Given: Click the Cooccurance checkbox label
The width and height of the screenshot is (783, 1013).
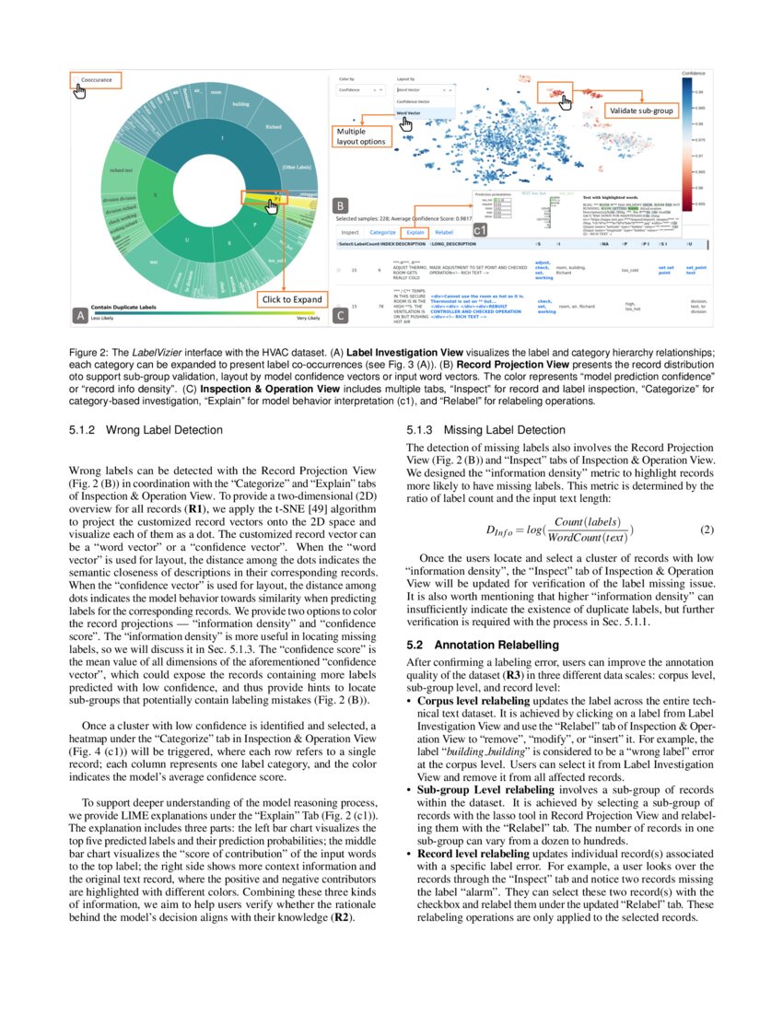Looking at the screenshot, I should tap(97, 80).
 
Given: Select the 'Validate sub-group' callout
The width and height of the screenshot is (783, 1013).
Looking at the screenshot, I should tap(641, 111).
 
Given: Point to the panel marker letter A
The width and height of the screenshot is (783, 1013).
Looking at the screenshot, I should tap(80, 315).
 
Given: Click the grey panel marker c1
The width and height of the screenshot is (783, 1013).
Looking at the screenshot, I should tap(480, 227).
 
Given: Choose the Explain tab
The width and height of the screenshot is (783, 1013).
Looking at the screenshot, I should tap(415, 233).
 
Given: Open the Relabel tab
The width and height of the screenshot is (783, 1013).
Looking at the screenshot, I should tap(444, 233).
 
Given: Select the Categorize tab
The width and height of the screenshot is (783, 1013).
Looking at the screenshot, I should tap(382, 233).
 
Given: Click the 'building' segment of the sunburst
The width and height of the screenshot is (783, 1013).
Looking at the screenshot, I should tap(240, 104).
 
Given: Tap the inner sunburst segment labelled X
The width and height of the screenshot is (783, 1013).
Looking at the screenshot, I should tap(156, 195).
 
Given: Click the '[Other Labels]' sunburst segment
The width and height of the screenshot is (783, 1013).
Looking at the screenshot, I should tap(297, 166).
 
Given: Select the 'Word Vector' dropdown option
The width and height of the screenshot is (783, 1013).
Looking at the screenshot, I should tap(408, 113).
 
